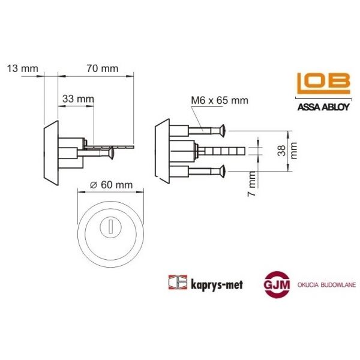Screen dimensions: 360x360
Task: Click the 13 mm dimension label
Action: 20,68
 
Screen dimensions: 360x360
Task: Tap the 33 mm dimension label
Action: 78,98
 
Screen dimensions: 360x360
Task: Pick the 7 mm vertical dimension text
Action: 253,179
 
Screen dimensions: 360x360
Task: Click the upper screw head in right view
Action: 223,130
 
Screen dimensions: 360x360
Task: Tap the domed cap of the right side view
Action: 161,151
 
